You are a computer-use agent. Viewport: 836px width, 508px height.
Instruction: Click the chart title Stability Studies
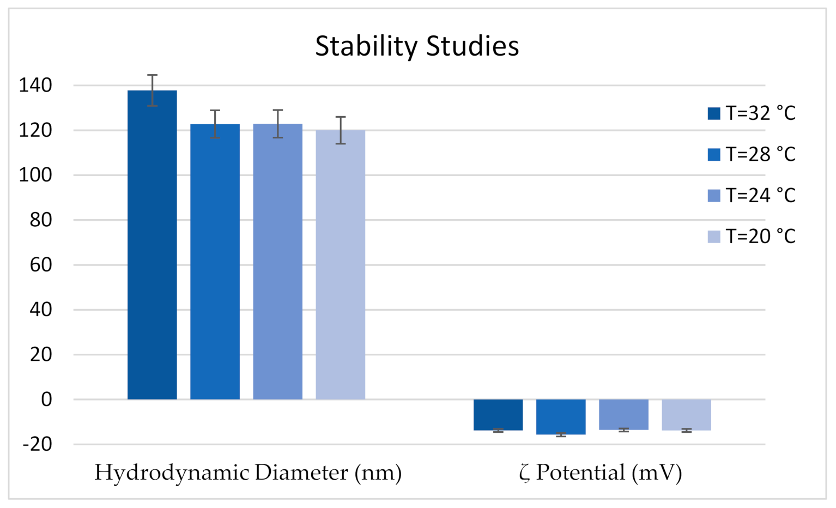[417, 46]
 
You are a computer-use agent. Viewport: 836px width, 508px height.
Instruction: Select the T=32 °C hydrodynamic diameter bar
[152, 245]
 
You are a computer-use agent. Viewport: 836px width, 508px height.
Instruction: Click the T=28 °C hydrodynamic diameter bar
[215, 262]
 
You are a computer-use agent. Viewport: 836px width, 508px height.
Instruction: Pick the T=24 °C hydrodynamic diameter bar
[277, 262]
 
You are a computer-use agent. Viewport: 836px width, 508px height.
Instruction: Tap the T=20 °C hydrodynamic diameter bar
[340, 265]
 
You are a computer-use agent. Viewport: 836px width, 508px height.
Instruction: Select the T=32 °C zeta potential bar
[498, 415]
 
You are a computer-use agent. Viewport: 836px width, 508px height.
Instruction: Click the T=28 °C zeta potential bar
[561, 416]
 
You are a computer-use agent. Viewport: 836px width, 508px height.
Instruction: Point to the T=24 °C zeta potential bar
[623, 414]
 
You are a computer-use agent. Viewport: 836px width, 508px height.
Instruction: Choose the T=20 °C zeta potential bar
[686, 415]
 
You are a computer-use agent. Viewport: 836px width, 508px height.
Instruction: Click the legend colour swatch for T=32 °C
[714, 113]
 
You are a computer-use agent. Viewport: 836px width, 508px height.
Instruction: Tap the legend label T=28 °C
[760, 154]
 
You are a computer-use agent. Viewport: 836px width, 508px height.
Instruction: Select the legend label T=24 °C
[760, 195]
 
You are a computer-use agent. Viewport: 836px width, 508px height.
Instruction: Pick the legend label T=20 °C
[760, 236]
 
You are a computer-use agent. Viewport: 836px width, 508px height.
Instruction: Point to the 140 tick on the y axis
[35, 86]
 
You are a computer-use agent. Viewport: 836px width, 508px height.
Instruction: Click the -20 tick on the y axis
[38, 444]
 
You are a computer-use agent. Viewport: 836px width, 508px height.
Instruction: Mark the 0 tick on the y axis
[46, 400]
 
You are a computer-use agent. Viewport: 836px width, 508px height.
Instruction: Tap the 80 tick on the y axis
[40, 220]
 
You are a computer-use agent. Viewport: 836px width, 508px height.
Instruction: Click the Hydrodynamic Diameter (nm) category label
[248, 473]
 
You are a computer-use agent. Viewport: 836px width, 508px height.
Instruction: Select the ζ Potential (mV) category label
[601, 473]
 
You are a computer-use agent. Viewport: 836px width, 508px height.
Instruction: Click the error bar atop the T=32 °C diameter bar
[152, 90]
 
